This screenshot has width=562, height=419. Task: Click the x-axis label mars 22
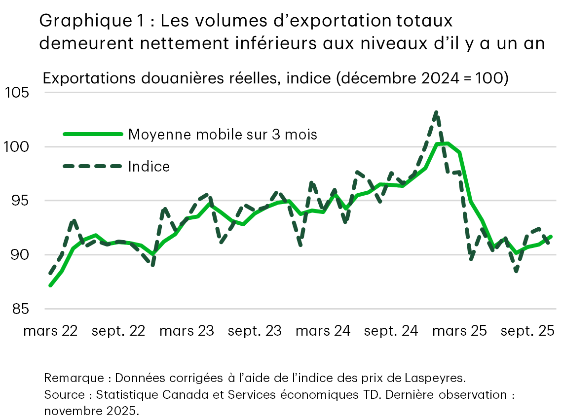click(50, 331)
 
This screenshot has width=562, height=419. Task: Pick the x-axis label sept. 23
click(255, 331)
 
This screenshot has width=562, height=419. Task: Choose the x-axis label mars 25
click(459, 331)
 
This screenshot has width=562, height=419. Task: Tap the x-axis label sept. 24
click(391, 331)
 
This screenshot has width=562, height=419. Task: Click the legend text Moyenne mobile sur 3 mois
click(223, 134)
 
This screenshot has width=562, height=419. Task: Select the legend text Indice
click(149, 167)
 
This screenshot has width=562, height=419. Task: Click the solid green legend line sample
click(92, 134)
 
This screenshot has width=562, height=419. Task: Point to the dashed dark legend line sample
click(92, 167)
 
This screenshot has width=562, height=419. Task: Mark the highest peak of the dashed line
click(436, 113)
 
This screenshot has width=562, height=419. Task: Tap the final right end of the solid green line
click(551, 237)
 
